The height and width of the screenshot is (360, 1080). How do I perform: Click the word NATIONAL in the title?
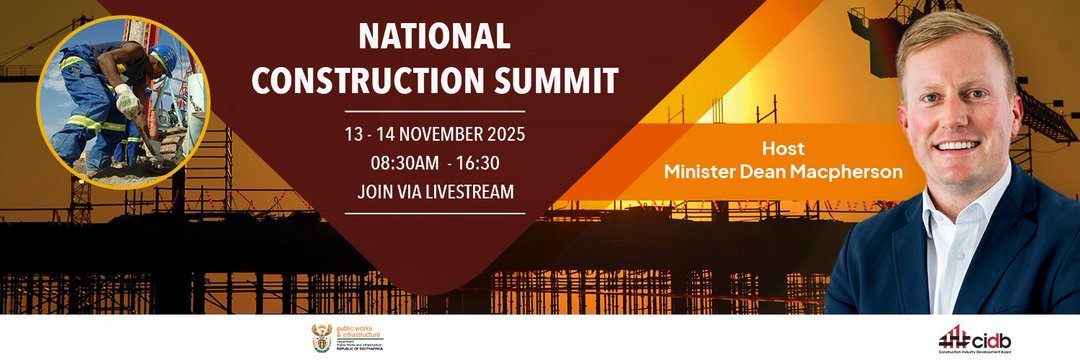tap(434, 37)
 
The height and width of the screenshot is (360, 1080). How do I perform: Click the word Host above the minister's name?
tap(783, 148)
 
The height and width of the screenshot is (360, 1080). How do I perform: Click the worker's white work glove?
tap(126, 99)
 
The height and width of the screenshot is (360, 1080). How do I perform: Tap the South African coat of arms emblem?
tap(321, 337)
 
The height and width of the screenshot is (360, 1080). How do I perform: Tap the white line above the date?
tap(434, 111)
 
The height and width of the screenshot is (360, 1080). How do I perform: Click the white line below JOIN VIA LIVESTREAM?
tap(434, 212)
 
